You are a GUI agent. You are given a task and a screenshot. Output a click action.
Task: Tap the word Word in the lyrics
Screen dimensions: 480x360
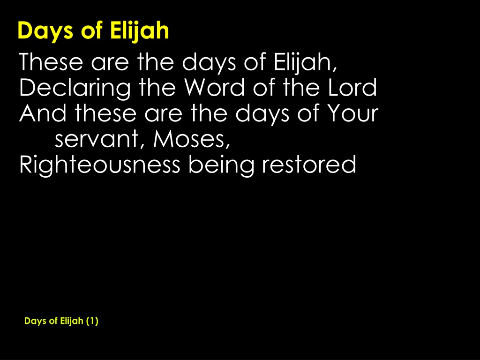point(214,88)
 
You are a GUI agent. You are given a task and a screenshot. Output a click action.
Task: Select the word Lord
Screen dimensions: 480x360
point(352,88)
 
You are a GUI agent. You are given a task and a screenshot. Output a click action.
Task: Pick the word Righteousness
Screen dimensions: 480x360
point(100,165)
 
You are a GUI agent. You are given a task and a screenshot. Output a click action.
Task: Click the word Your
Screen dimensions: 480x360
point(353,113)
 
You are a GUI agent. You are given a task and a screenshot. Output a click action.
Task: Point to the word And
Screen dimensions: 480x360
point(43,113)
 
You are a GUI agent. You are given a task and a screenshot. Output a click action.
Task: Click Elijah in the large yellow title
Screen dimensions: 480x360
point(139,30)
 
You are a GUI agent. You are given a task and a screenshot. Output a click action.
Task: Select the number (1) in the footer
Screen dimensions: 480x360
point(92,321)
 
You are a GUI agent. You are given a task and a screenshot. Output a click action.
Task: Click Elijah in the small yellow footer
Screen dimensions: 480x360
point(72,321)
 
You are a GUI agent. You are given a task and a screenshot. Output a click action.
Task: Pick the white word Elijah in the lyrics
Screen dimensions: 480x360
point(305,63)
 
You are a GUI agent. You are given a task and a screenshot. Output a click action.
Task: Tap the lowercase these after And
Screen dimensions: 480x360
point(105,113)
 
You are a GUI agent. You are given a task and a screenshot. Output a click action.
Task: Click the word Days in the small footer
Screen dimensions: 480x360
point(35,321)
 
